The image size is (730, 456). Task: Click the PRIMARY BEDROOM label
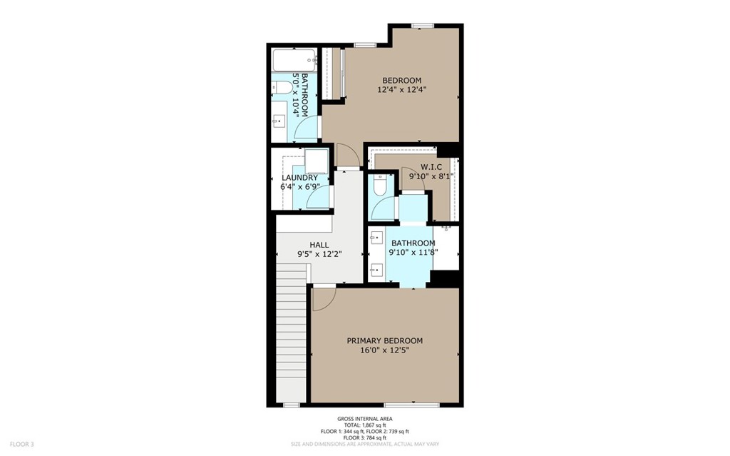(384, 341)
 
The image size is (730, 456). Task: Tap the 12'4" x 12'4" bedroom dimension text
(402, 89)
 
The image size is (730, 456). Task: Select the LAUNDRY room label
(300, 178)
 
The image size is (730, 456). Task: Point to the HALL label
(319, 245)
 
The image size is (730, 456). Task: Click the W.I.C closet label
(431, 166)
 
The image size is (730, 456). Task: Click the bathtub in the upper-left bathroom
(294, 60)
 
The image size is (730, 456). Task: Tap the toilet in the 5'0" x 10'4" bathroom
(282, 87)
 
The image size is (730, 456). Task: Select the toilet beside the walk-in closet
(381, 185)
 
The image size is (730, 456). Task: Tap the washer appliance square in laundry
(317, 161)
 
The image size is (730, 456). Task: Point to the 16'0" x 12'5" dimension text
(384, 350)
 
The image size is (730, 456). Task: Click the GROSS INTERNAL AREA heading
(365, 419)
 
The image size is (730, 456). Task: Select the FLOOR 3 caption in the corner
(22, 445)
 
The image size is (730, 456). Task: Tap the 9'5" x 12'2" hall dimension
(319, 254)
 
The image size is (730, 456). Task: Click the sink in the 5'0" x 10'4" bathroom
(279, 122)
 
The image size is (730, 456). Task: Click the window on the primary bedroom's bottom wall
(412, 405)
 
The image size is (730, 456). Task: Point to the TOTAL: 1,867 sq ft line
(365, 425)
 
